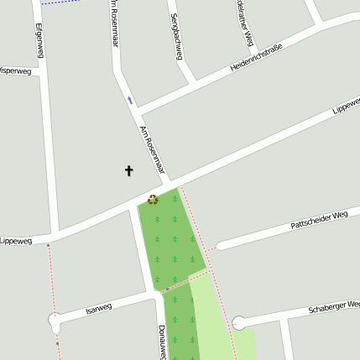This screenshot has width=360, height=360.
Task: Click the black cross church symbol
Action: tap(129, 170)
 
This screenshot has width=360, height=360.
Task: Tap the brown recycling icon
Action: tap(153, 200)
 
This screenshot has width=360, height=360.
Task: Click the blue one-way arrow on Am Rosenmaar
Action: tap(129, 99)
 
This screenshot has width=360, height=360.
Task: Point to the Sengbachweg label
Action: tap(176, 36)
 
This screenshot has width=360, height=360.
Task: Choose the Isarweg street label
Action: tap(98, 309)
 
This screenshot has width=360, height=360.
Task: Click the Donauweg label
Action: tap(162, 342)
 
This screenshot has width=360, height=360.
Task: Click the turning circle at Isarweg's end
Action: tap(55, 321)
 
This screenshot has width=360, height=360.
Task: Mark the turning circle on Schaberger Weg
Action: tap(239, 323)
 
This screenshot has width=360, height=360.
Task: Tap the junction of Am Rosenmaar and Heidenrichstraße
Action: tap(137, 111)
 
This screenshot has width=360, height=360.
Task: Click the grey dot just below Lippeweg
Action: tap(48, 245)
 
